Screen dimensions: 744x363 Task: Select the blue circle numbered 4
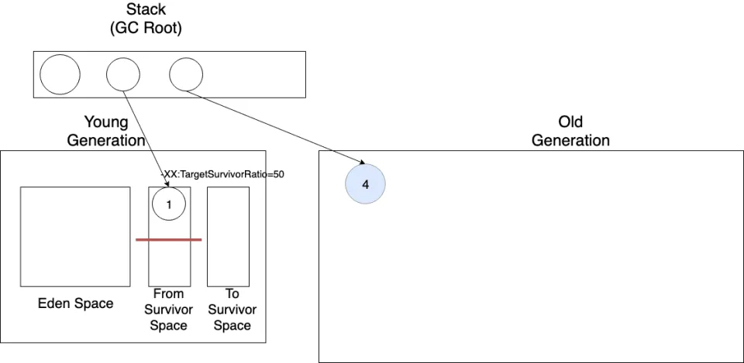pyautogui.click(x=365, y=184)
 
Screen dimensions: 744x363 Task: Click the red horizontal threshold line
pyautogui.click(x=168, y=240)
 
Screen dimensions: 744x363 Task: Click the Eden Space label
pyautogui.click(x=75, y=303)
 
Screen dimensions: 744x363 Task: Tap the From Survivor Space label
pyautogui.click(x=168, y=310)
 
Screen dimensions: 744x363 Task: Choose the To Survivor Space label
pyautogui.click(x=232, y=310)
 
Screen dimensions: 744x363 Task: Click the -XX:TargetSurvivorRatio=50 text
pyautogui.click(x=222, y=174)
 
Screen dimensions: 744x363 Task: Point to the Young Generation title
pyautogui.click(x=106, y=132)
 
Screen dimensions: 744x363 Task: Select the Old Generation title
pyautogui.click(x=570, y=132)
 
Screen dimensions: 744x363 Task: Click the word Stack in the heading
pyautogui.click(x=146, y=9)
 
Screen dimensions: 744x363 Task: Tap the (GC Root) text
pyautogui.click(x=146, y=29)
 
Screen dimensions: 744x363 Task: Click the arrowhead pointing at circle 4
pyautogui.click(x=362, y=163)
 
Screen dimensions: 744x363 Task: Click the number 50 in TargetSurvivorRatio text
pyautogui.click(x=279, y=174)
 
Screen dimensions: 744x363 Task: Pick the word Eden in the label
pyautogui.click(x=53, y=303)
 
